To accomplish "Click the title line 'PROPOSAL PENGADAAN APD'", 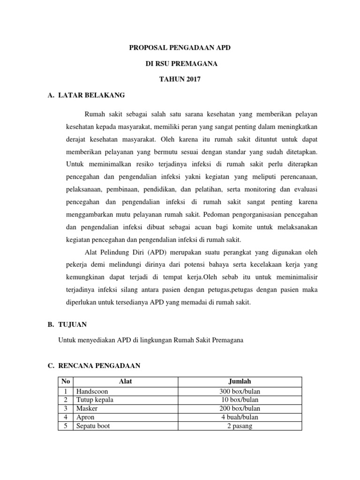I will (x=180, y=47).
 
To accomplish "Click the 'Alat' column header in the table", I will (x=126, y=382).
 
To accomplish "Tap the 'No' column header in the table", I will (x=65, y=382).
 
